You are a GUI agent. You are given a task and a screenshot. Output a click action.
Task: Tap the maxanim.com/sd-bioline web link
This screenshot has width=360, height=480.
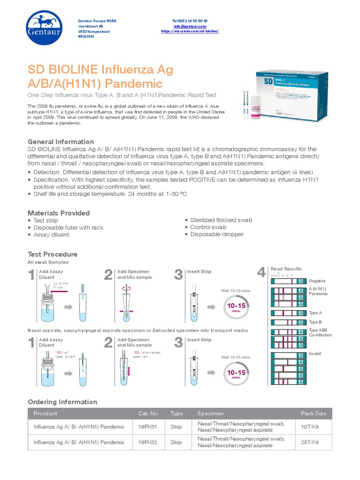coord(190,31)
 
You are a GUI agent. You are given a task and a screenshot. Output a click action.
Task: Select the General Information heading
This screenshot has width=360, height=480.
coord(61,142)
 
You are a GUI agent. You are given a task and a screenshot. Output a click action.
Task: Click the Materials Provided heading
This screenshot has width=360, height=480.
coord(59,213)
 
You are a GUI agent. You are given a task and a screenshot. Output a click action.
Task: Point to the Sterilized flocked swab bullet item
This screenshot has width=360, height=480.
coord(221,220)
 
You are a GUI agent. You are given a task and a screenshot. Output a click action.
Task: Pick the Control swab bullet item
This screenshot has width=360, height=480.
coord(208,227)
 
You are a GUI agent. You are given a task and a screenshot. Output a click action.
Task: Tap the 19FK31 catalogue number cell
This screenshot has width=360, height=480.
coord(148,427)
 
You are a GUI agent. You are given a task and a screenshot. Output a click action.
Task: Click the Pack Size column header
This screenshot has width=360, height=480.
coord(314,413)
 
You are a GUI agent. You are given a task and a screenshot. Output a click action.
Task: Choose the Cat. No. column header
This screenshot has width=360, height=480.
coord(149,413)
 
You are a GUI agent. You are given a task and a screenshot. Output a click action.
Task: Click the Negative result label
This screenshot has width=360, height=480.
coord(317,281)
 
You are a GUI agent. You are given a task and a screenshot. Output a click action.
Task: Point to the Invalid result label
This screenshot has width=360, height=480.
coord(315,353)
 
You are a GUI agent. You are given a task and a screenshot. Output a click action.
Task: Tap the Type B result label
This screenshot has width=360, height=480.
coord(315,322)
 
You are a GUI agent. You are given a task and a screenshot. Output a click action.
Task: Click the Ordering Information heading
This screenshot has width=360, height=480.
coord(62,402)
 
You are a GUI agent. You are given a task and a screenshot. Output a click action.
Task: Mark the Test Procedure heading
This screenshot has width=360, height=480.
coord(52,254)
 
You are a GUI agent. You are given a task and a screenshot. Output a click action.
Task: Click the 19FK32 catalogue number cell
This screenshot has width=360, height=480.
coord(148,442)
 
